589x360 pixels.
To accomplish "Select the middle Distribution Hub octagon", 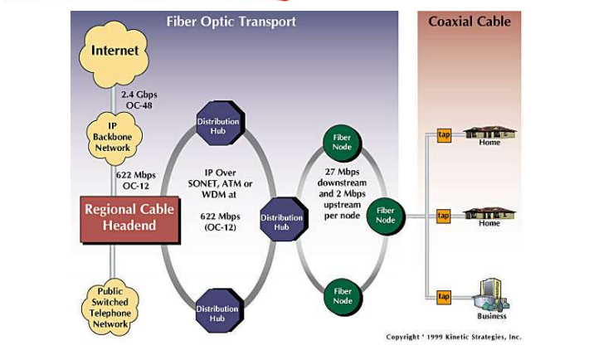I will point(282,221).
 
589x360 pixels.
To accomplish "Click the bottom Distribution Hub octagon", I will point(217,314).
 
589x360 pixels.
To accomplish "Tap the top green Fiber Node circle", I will point(342,141).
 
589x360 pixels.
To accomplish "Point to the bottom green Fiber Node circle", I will point(342,295).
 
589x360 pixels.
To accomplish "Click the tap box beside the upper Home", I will point(444,135).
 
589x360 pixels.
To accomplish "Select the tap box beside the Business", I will point(444,296).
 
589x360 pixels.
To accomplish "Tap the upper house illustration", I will point(489,132).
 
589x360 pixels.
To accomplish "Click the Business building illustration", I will point(490,292).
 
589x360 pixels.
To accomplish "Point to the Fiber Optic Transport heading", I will point(231,22).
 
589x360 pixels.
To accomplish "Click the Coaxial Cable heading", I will point(467,22).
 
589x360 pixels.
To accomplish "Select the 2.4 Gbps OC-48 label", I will point(139,100).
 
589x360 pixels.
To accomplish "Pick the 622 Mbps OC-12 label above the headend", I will point(135,180).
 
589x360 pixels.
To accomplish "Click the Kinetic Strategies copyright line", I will point(453,337).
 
